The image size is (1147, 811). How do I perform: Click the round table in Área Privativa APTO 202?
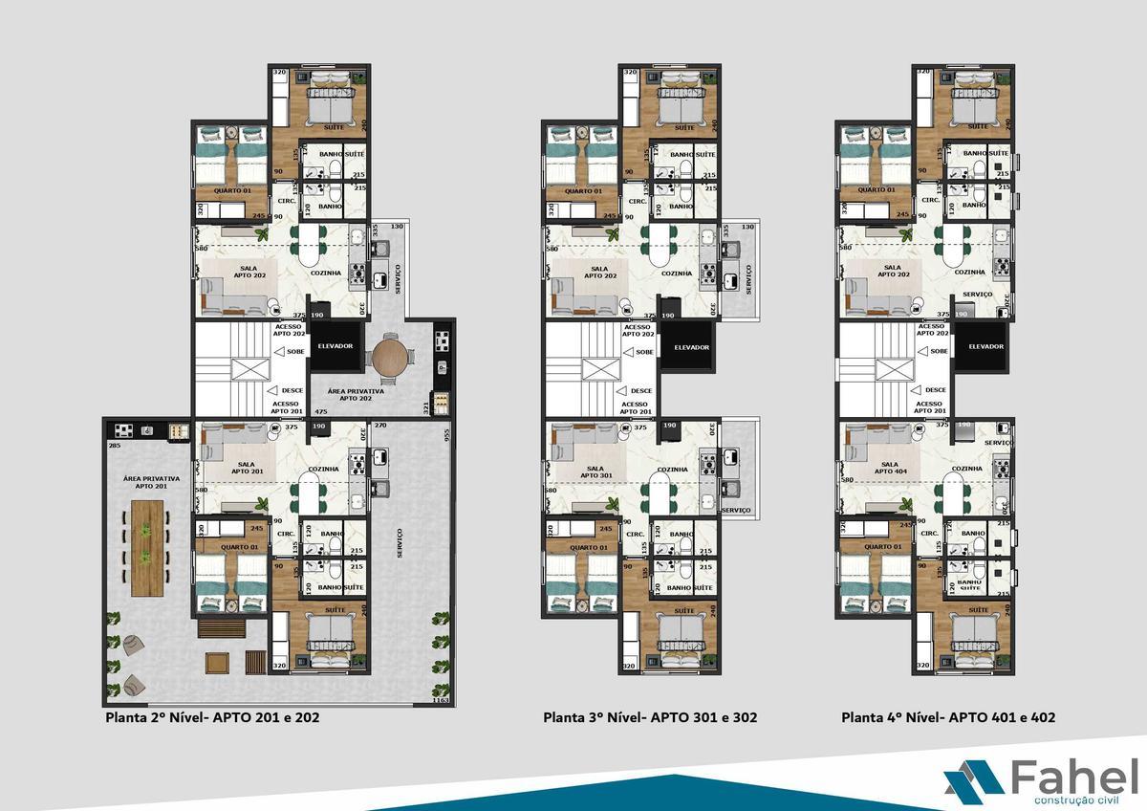pos(391,358)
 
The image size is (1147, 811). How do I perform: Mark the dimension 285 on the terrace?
pos(114,446)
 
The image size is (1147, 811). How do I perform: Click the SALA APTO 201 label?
pos(248,468)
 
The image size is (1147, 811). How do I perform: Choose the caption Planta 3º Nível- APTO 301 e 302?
pos(650,717)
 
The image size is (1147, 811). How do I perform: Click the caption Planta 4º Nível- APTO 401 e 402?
pos(948,717)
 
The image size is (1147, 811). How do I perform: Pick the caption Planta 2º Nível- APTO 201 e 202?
pos(212,717)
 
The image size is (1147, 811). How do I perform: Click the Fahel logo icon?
pos(973,778)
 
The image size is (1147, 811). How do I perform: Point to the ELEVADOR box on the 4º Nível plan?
pos(984,346)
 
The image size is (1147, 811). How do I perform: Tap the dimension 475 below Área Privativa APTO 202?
pos(321,412)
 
